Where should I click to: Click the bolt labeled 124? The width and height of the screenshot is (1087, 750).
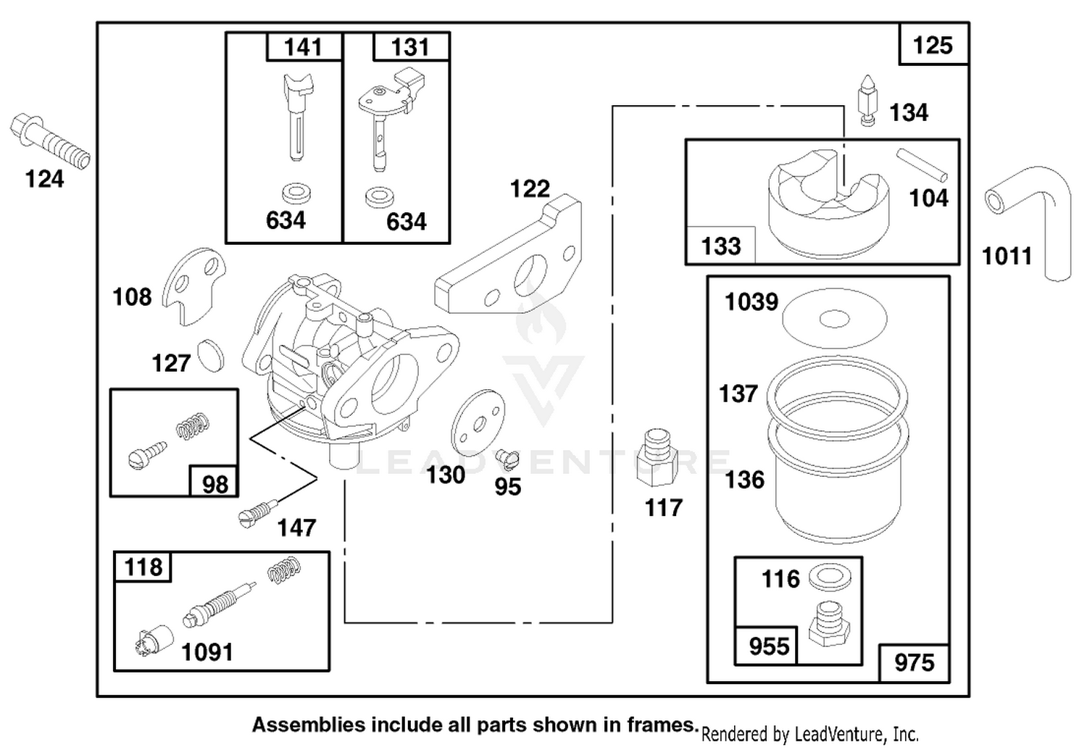click(49, 141)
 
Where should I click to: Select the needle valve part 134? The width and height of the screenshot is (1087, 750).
click(868, 101)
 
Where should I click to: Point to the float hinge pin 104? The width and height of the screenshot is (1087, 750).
click(922, 164)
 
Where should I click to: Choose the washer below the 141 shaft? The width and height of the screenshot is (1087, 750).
click(296, 193)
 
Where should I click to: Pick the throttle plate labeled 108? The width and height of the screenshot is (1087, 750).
click(194, 286)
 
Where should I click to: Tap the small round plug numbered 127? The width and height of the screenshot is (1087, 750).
click(211, 356)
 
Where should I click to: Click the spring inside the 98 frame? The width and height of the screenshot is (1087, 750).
click(193, 426)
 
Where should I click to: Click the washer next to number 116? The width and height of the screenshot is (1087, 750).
click(830, 578)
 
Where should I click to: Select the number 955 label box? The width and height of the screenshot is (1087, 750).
click(766, 646)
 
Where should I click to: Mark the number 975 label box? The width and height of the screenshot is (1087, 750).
click(915, 663)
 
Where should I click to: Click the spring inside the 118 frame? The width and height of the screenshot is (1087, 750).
click(284, 569)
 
